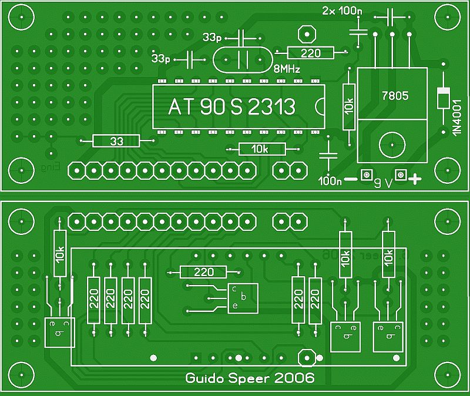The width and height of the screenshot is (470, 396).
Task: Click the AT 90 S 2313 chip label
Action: coord(231,106)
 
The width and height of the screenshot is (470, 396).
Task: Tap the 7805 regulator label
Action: coord(394,95)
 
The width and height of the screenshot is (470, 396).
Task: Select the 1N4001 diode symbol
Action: coord(443,98)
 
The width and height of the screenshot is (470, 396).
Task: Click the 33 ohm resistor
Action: coord(116,141)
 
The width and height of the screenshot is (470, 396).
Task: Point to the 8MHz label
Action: coord(287,69)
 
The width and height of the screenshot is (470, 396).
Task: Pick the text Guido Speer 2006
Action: coord(250,378)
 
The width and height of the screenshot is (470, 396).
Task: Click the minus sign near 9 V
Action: coord(350,179)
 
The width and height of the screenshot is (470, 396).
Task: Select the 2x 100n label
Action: coord(342,11)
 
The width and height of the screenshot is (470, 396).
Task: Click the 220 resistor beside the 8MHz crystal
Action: coord(310,53)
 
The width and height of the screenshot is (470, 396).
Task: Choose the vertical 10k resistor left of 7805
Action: coord(349,106)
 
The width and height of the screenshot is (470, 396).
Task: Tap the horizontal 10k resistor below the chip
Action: coord(261,149)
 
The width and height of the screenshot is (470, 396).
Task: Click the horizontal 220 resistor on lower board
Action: coord(203,272)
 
